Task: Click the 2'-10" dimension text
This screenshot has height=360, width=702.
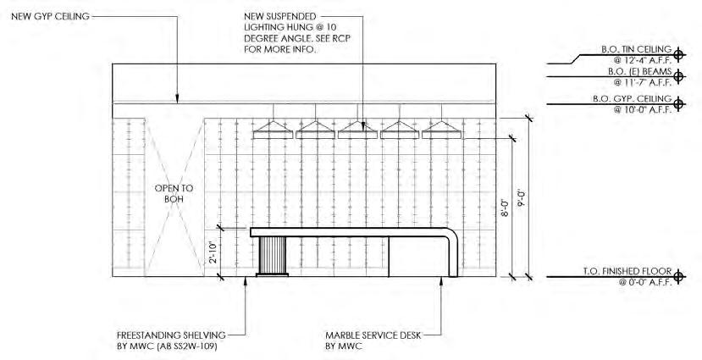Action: (x=213, y=252)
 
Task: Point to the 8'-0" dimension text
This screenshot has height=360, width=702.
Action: (x=503, y=207)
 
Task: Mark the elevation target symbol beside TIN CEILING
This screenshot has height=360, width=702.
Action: (x=677, y=53)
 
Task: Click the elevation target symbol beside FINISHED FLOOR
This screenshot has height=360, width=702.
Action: (x=677, y=277)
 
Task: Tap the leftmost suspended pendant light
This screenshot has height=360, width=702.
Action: (x=274, y=129)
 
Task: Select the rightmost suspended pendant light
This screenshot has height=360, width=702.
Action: (x=442, y=129)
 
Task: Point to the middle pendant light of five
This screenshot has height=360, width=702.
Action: (x=357, y=129)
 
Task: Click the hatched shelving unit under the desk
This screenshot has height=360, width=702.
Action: (x=273, y=256)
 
